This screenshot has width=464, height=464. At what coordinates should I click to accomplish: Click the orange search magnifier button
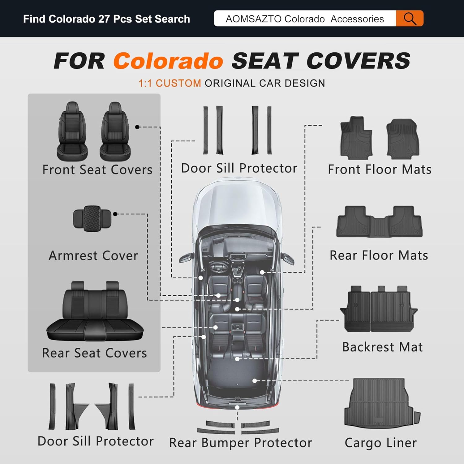tap(410, 19)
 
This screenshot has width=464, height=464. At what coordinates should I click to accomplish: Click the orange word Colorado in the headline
tap(168, 61)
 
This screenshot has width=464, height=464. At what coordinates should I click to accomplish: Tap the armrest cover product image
tap(92, 218)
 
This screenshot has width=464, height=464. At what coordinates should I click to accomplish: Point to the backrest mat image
tap(379, 309)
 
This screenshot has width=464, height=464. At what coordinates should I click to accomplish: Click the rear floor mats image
tap(379, 222)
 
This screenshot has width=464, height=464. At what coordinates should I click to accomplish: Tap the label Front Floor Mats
tap(380, 170)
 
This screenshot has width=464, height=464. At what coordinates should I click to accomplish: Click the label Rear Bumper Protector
tap(240, 443)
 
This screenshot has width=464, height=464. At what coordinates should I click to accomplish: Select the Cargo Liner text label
tap(380, 443)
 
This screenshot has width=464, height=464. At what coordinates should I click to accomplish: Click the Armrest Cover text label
tap(93, 256)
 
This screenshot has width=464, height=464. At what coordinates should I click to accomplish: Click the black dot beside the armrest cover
tap(115, 214)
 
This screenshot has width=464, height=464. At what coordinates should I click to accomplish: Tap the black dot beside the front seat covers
tap(137, 127)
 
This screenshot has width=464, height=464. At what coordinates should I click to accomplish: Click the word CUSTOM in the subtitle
tap(178, 83)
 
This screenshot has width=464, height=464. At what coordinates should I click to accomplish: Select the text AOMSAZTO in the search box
tap(253, 19)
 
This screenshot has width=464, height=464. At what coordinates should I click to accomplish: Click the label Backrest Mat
tap(382, 347)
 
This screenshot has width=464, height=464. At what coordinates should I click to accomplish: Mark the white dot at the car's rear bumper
tap(237, 407)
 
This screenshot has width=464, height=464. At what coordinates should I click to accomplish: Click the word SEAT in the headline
tap(265, 61)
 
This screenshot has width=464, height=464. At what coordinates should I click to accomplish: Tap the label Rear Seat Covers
tap(94, 353)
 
